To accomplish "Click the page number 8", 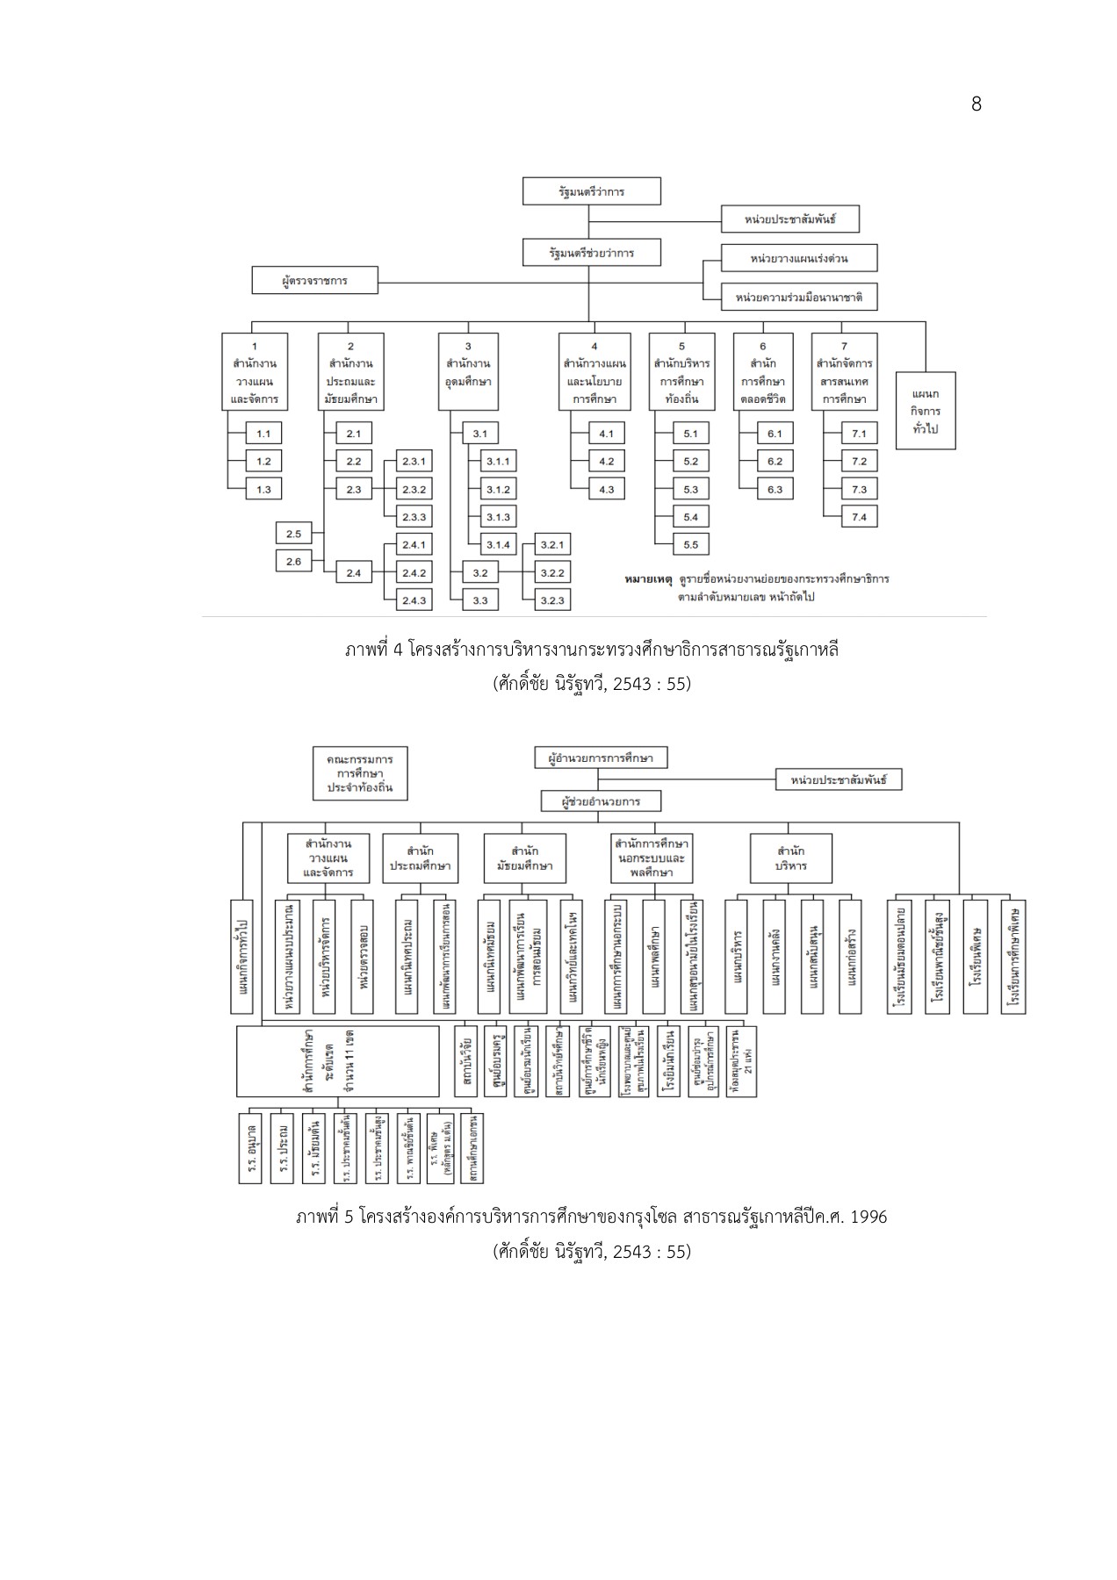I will coord(976,104).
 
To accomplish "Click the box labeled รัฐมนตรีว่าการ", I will coord(591,191).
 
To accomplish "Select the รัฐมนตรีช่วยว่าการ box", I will coord(591,253).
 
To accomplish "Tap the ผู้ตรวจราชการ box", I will coord(314,281).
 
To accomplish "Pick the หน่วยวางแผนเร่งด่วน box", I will coord(798,259).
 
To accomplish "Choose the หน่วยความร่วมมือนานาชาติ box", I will coord(798,298).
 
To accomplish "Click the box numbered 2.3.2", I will coord(414,490).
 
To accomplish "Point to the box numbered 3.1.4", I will coord(498,545).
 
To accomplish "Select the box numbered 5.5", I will coord(690,545).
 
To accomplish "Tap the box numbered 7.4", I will coord(859,518).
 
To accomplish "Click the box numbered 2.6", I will coord(293,562).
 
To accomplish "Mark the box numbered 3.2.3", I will coord(551,600).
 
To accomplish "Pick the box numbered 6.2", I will coord(775,462).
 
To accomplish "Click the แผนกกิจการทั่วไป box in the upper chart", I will coord(926,411).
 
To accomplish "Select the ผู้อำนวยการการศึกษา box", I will coord(601,758).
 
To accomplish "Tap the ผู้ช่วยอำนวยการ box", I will coord(601,801).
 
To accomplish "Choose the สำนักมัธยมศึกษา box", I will coord(524,858).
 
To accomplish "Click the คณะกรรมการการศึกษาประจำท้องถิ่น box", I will coord(360,773).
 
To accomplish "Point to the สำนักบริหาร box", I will coord(791,858).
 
